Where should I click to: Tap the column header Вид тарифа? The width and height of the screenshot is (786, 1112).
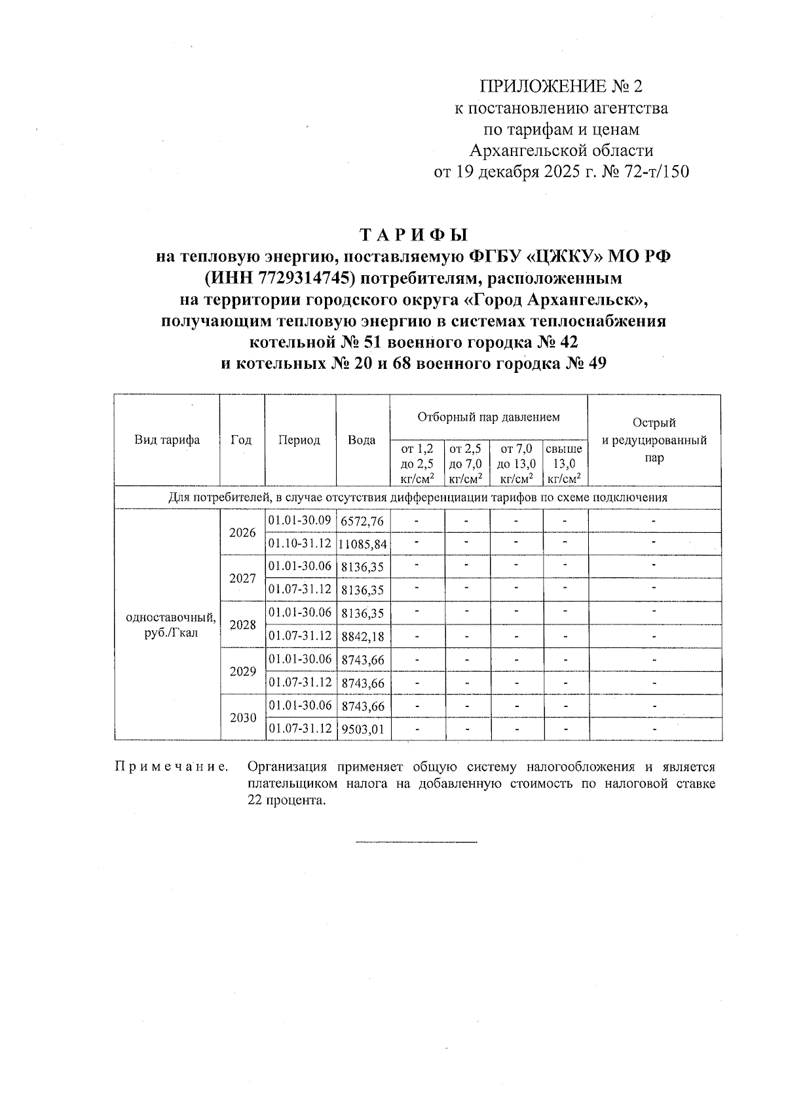point(167,440)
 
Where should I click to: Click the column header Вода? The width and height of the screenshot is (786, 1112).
point(362,440)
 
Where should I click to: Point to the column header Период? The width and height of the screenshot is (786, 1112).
point(299,440)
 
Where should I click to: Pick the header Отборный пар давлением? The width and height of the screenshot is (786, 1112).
point(489,417)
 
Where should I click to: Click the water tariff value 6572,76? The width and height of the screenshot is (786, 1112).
point(362,522)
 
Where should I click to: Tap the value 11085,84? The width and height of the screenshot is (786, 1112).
point(363,545)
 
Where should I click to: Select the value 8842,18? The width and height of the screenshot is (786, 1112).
point(362,637)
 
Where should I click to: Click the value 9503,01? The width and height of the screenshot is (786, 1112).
point(362,729)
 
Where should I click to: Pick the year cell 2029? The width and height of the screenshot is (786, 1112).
point(242,672)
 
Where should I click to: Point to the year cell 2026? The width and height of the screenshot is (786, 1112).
point(242,533)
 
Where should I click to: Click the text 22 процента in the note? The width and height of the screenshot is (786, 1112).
point(286,800)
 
